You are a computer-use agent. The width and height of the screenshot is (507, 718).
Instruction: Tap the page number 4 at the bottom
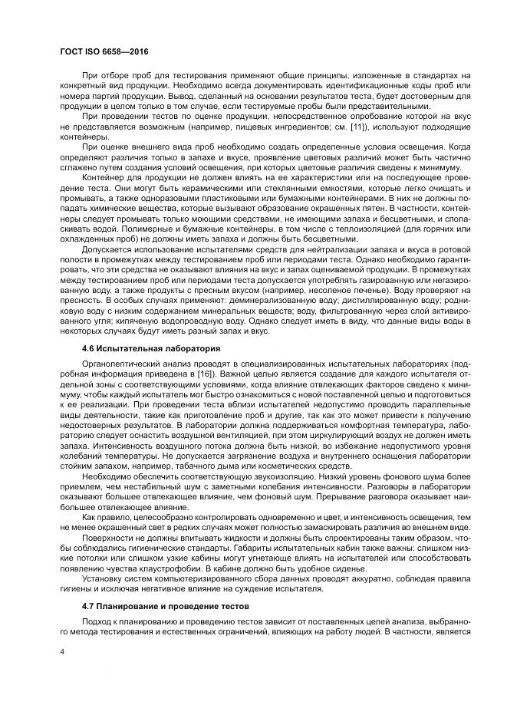pyautogui.click(x=61, y=653)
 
